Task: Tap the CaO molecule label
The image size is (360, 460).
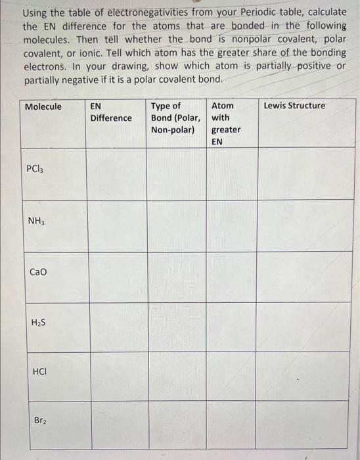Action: (37, 271)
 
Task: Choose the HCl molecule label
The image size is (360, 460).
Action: (38, 371)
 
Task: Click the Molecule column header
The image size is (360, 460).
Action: (43, 106)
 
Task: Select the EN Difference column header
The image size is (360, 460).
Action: (110, 112)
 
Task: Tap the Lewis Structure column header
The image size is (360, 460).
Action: (295, 106)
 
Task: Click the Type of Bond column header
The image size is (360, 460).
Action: (175, 118)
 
